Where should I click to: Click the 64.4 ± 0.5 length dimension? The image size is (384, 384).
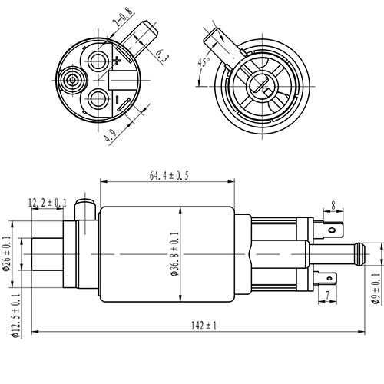pyautogui.click(x=168, y=176)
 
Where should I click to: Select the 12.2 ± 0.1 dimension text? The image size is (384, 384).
pyautogui.click(x=48, y=203)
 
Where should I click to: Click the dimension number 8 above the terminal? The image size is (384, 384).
pyautogui.click(x=333, y=205)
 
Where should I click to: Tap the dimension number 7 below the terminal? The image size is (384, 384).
pyautogui.click(x=327, y=295)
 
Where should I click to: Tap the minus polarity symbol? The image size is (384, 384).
pyautogui.click(x=117, y=100)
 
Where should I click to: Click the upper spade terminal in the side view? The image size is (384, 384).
pyautogui.click(x=331, y=228)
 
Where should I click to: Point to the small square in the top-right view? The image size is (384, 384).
pyautogui.click(x=266, y=93)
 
